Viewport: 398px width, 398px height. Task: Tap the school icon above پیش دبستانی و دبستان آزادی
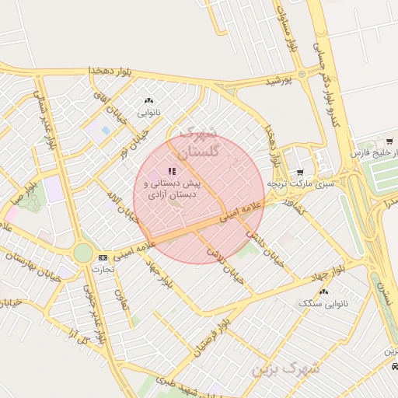pyautogui.click(x=172, y=171)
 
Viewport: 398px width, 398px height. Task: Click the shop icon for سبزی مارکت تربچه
pyautogui.click(x=301, y=172)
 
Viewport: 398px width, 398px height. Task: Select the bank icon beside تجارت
pyautogui.click(x=103, y=257)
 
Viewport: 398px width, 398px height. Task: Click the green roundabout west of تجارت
pyautogui.click(x=83, y=253)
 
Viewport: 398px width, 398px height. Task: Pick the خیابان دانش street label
pyautogui.click(x=262, y=244)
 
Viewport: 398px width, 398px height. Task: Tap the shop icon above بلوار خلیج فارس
pyautogui.click(x=389, y=141)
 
